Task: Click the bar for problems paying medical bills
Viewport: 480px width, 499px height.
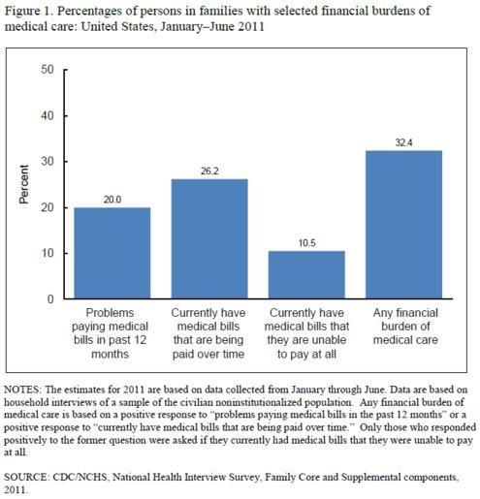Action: pyautogui.click(x=112, y=253)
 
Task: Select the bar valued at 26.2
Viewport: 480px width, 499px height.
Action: pyautogui.click(x=209, y=238)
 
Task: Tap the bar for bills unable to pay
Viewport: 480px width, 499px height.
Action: pyautogui.click(x=306, y=274)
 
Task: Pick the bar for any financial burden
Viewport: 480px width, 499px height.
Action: pyautogui.click(x=403, y=225)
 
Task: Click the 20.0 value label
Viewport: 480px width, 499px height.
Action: pyautogui.click(x=112, y=200)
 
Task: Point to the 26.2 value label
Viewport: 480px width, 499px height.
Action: pyautogui.click(x=209, y=172)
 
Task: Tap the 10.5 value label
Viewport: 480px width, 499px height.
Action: pyautogui.click(x=306, y=243)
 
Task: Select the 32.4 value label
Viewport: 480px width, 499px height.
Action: pyautogui.click(x=403, y=142)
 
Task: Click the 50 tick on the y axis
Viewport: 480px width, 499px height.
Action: pyautogui.click(x=48, y=70)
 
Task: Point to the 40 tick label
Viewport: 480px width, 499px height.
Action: pyautogui.click(x=48, y=115)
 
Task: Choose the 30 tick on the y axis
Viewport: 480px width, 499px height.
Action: pyautogui.click(x=48, y=162)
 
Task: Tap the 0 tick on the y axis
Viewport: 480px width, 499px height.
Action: pyautogui.click(x=50, y=299)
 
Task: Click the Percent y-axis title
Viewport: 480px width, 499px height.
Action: pyautogui.click(x=24, y=184)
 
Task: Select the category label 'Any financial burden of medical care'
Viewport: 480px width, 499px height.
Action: pyautogui.click(x=405, y=327)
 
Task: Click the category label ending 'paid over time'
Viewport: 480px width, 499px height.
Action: pyautogui.click(x=208, y=333)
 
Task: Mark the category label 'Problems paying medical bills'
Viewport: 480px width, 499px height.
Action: pyautogui.click(x=110, y=333)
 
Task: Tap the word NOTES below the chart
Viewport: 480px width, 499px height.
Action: pyautogui.click(x=22, y=390)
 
